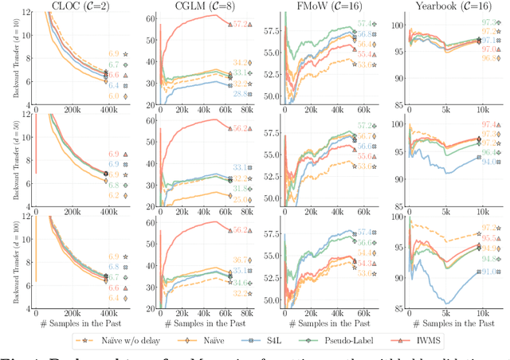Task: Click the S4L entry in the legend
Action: (298, 340)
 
